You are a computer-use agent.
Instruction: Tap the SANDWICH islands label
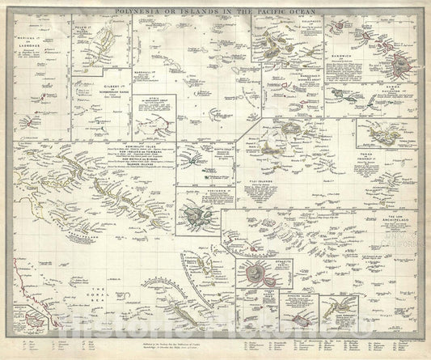[344, 55]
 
